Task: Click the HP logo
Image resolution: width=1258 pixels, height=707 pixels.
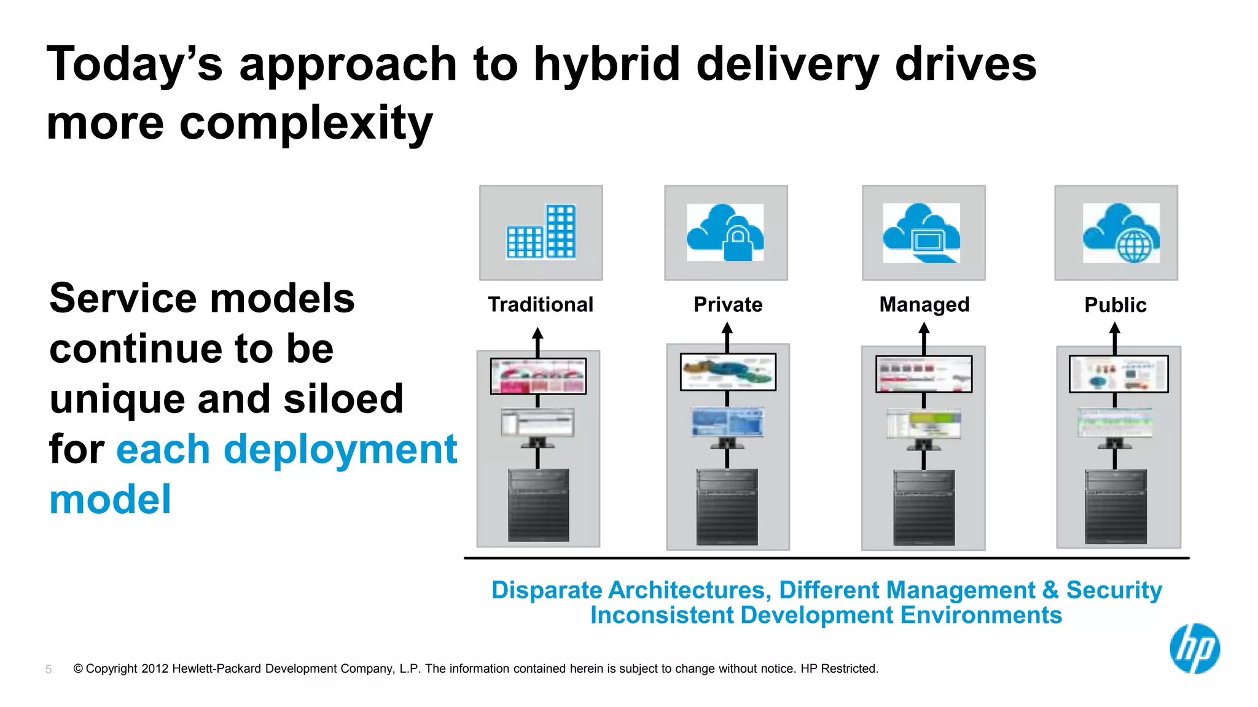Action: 1194,649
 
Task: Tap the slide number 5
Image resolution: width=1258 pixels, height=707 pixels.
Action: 49,670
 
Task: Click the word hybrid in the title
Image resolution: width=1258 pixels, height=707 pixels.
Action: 606,65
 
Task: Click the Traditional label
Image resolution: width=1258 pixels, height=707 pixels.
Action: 541,304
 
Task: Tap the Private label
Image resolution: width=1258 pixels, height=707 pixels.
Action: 728,304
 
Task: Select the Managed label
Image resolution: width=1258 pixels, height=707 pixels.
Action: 924,304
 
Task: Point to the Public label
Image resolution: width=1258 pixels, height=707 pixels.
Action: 1115,305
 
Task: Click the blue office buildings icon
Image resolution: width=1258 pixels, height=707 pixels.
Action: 541,232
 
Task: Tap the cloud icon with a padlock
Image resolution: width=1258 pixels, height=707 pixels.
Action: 725,233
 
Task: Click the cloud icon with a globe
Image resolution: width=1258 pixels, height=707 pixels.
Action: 1121,233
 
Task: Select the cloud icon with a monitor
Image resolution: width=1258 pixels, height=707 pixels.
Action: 921,233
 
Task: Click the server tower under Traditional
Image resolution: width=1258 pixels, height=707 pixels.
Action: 538,505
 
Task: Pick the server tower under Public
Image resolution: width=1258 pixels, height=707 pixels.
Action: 1115,506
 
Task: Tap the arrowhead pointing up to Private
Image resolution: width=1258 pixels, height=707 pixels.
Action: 727,329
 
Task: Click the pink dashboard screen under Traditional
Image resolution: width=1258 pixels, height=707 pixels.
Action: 538,376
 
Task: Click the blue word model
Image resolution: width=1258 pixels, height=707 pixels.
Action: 111,500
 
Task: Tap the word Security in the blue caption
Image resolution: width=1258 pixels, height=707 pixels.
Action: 1114,590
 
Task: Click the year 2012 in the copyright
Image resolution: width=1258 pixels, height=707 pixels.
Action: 155,669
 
